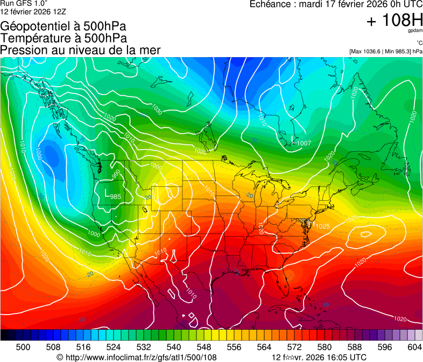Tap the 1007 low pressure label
click(304, 143)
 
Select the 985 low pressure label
click(115, 197)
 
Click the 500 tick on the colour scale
click(23, 347)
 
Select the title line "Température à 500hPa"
click(64, 38)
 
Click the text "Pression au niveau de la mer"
click(80, 50)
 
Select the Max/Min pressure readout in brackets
click(385, 52)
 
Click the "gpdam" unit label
click(415, 31)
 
